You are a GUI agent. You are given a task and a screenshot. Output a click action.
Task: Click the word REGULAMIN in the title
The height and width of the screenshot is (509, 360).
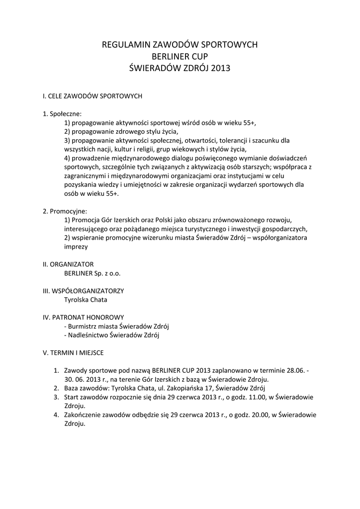click(x=123, y=45)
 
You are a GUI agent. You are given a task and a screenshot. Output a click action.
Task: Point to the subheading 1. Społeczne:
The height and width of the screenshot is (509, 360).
click(x=62, y=113)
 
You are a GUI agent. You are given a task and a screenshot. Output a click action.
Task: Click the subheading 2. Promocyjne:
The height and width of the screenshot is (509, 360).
click(x=65, y=211)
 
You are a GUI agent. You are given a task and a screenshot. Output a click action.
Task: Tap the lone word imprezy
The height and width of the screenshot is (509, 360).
click(x=76, y=247)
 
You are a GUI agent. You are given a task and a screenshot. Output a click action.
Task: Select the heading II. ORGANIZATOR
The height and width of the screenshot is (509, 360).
click(x=68, y=264)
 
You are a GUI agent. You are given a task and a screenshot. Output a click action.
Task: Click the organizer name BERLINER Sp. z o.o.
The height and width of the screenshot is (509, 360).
click(x=92, y=273)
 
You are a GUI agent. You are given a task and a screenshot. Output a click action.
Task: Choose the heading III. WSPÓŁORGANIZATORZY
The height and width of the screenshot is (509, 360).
click(x=83, y=291)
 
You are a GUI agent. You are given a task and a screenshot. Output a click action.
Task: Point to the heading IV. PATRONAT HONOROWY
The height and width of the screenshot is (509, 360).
click(x=84, y=317)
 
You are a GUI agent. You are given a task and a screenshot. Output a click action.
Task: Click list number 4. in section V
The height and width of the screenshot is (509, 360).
click(x=56, y=415)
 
